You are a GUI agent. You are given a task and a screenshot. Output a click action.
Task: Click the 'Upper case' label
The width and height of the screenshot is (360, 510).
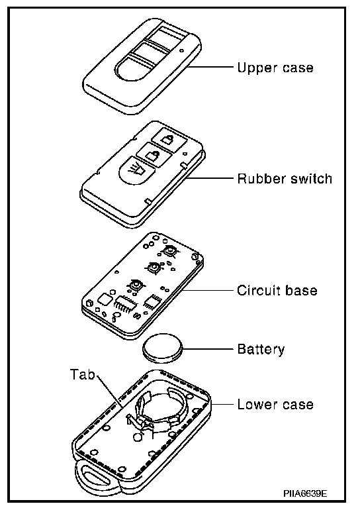(275, 68)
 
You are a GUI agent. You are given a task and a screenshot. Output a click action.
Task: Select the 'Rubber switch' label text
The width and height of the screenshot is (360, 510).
(285, 179)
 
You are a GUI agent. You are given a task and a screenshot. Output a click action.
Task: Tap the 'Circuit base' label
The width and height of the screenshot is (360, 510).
(277, 290)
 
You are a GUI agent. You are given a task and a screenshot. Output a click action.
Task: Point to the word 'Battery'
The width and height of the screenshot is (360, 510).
(261, 349)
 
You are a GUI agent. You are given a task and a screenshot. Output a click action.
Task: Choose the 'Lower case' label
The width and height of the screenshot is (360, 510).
(275, 404)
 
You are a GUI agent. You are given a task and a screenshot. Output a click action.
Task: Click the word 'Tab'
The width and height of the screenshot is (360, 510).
(83, 374)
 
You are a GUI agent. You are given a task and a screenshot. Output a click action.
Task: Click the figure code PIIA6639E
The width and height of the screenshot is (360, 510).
(305, 493)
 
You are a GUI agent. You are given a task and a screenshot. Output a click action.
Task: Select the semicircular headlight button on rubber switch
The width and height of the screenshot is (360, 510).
(136, 170)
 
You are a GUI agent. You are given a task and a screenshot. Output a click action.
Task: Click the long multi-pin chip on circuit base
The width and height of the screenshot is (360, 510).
(125, 304)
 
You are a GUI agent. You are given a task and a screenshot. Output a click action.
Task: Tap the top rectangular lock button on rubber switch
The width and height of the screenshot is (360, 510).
(169, 139)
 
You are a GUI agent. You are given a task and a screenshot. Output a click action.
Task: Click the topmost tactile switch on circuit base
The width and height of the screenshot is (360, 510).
(169, 251)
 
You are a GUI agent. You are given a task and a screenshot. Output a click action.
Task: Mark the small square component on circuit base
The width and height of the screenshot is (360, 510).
(105, 299)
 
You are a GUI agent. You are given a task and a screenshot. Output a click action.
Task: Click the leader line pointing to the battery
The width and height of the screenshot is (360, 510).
(208, 349)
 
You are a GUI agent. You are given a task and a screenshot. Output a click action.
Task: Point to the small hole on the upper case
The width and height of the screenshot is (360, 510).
(181, 50)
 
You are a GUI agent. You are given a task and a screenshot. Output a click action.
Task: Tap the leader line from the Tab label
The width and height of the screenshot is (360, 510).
(109, 391)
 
